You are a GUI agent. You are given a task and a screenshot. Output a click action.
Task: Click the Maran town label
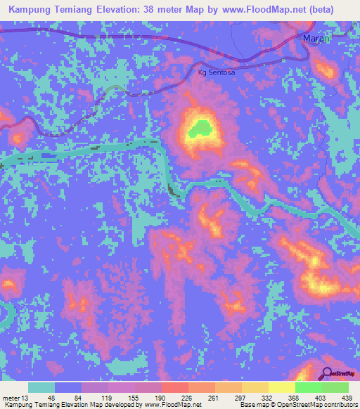(x=316, y=39)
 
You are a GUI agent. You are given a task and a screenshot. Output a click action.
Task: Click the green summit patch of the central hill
(x=200, y=128)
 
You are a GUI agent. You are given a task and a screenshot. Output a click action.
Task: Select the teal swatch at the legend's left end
(x=41, y=387)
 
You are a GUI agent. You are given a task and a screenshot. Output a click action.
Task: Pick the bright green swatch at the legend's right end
(x=335, y=387)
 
